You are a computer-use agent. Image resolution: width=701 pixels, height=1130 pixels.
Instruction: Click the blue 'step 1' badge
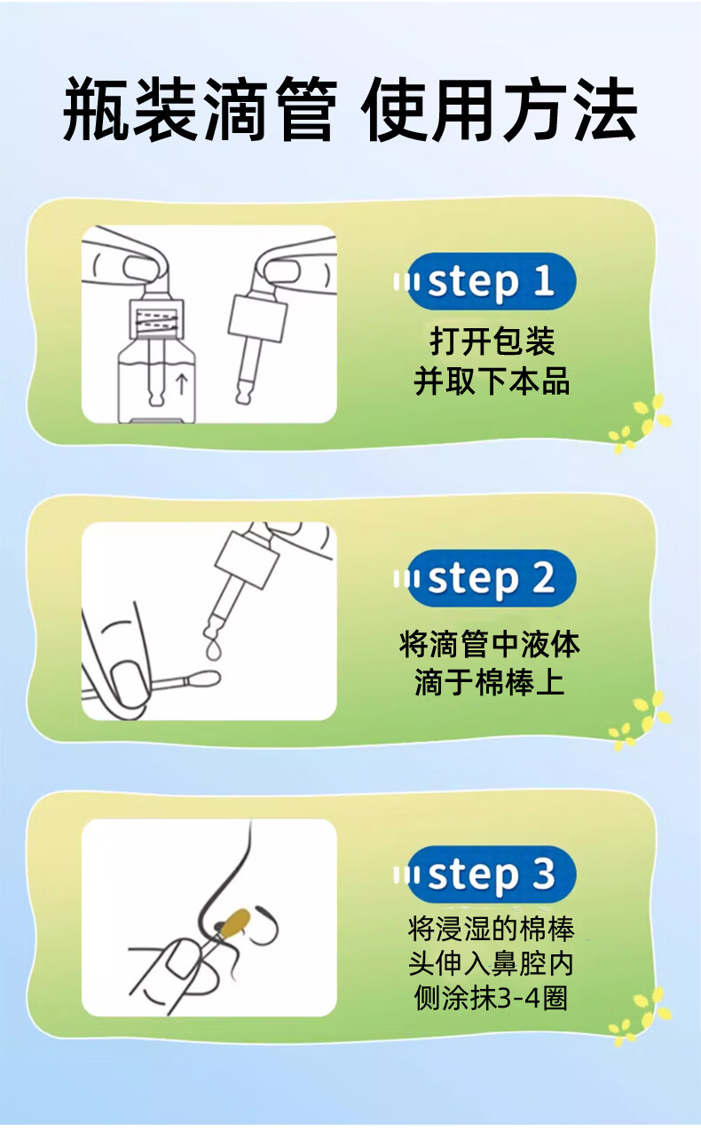click(491, 281)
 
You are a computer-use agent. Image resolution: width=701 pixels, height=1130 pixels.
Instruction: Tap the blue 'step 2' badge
click(491, 578)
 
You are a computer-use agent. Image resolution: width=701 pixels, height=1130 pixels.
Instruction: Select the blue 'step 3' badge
click(491, 875)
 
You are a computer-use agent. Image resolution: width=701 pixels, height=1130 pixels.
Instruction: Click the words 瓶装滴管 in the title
click(200, 108)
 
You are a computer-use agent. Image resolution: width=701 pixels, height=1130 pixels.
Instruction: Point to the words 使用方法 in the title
click(499, 108)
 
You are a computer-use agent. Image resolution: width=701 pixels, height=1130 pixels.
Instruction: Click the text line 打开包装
click(492, 341)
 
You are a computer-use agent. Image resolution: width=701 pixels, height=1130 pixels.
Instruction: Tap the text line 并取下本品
click(492, 381)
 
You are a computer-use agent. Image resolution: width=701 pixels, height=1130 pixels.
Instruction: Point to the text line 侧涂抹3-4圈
click(491, 998)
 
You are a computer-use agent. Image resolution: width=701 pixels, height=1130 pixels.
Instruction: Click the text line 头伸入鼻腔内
click(491, 963)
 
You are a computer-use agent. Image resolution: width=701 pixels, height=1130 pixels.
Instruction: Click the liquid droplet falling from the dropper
click(215, 650)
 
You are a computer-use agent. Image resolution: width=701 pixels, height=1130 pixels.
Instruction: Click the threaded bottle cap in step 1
click(156, 320)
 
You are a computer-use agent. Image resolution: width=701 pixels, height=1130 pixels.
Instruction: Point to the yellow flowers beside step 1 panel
click(640, 423)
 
